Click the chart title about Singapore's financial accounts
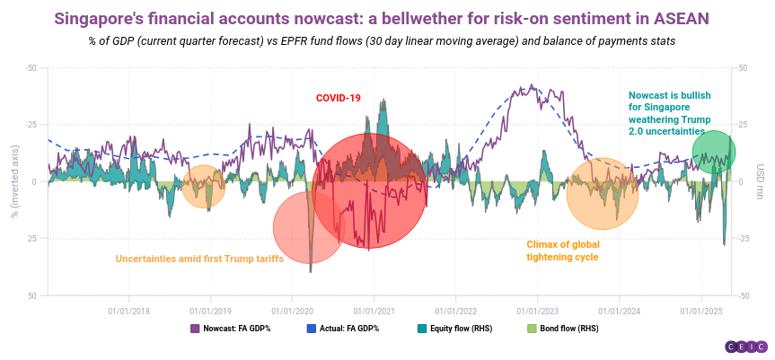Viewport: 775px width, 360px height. click(387, 18)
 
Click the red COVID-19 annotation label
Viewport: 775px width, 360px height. click(338, 98)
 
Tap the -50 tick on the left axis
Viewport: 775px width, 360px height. click(31, 68)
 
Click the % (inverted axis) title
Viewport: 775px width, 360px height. click(13, 181)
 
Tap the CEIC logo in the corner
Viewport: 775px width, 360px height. click(744, 347)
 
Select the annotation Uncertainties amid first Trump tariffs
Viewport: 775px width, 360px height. click(199, 259)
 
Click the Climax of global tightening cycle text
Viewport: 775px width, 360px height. click(562, 250)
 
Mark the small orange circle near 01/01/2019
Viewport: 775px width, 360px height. click(205, 187)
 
